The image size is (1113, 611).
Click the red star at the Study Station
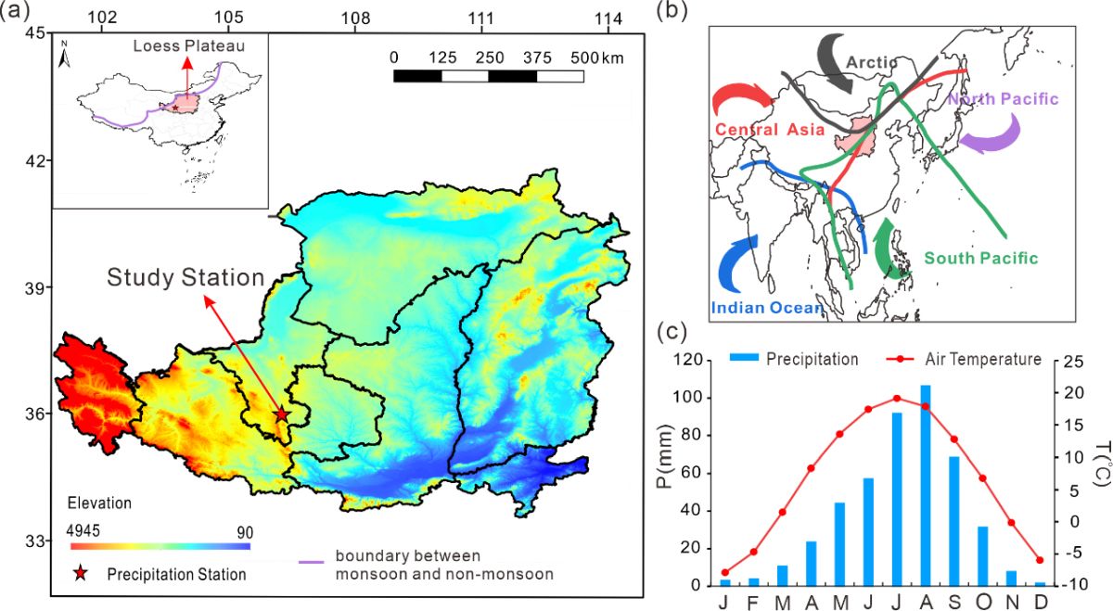[282, 414]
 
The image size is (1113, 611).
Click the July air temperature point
[896, 398]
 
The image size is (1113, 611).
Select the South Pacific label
[980, 259]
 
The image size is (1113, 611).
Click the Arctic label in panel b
[871, 62]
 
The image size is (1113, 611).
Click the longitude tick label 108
[354, 17]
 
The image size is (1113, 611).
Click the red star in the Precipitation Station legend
[81, 574]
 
